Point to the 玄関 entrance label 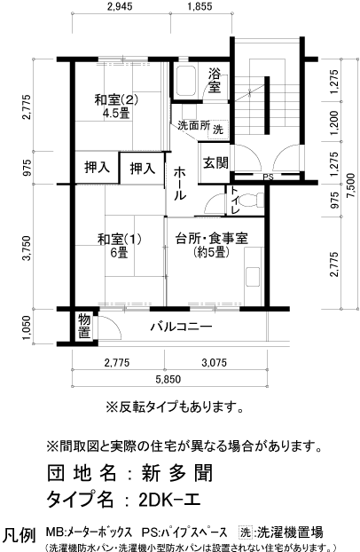coord(215,162)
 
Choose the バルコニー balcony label coord(180,327)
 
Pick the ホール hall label coord(177,182)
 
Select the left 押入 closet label coord(96,167)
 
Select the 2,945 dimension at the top coord(124,10)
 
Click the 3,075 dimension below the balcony coord(216,362)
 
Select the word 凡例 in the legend coord(20,534)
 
